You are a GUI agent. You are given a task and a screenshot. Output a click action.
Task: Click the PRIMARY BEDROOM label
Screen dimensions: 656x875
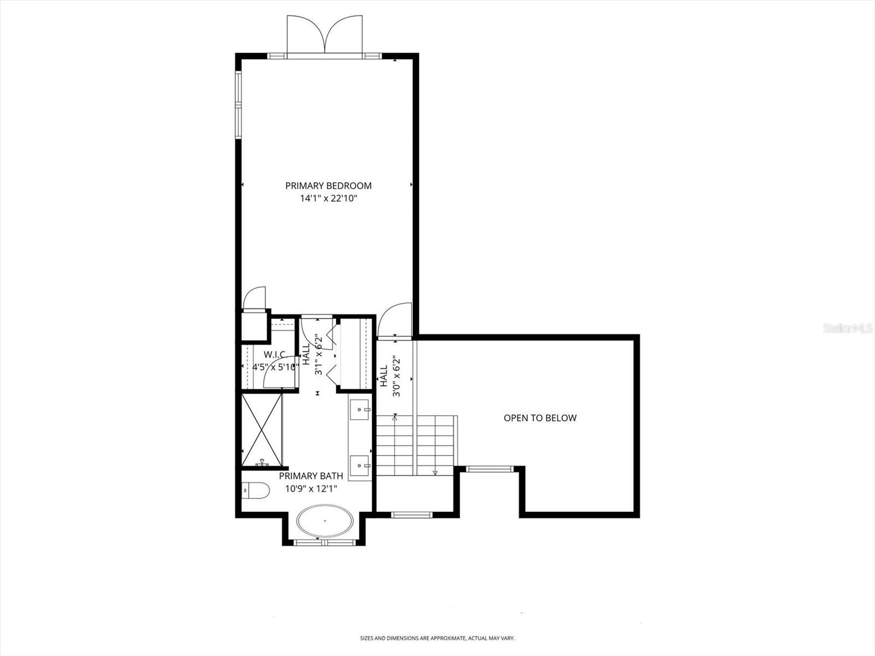pos(328,186)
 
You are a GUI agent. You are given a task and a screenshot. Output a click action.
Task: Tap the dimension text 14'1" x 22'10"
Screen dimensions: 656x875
pos(328,198)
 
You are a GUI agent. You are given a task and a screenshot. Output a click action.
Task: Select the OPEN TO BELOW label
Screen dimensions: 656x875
pos(540,418)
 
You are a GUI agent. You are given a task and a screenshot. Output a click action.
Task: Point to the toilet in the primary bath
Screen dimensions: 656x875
pos(255,490)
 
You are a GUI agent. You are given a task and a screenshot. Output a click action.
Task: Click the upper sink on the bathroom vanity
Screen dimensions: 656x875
pos(360,408)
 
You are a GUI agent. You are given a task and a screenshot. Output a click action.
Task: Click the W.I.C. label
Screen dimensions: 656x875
pos(275,355)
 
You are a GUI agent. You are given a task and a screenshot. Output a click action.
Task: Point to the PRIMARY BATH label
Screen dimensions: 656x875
pos(311,476)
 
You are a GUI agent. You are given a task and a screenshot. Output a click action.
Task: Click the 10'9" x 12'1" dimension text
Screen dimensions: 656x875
pos(311,489)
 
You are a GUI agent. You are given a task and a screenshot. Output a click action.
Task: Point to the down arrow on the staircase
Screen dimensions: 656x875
pos(435,472)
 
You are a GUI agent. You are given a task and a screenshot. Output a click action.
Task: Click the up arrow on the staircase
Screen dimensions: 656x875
pos(394,418)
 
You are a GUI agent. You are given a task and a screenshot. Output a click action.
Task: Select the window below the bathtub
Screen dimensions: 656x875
pos(324,542)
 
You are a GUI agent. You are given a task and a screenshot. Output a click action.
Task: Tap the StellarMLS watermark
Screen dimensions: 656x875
pos(847,329)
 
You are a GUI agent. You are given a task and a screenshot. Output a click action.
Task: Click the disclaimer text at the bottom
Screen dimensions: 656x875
pos(437,638)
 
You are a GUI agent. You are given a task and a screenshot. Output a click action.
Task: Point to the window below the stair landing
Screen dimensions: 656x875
pos(412,514)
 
